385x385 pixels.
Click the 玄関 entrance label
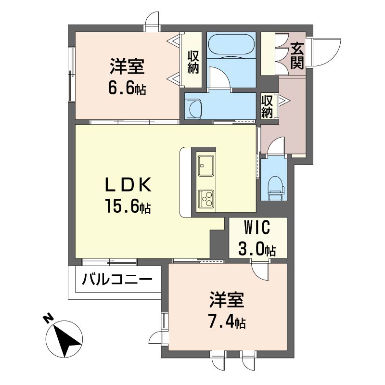click(297, 56)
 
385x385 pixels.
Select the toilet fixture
click(275, 188)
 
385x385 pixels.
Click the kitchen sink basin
click(206, 166)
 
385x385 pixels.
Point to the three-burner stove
click(206, 199)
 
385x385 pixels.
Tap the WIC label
click(257, 227)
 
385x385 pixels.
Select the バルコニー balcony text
click(117, 279)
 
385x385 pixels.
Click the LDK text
click(128, 185)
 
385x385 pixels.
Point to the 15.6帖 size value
click(128, 206)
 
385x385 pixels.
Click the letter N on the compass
click(49, 318)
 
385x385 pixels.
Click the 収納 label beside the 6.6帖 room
click(193, 62)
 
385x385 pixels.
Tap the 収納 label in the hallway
click(267, 106)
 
